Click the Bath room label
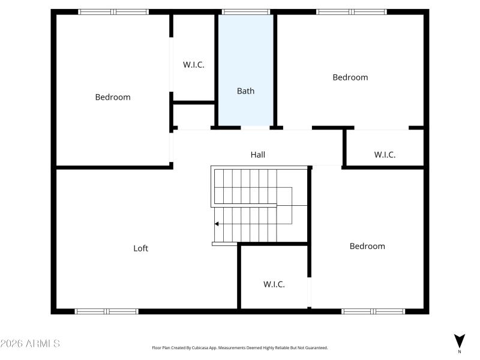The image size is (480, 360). pos(245,91)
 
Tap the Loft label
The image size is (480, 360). pos(140,248)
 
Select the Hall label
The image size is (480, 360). pos(258,155)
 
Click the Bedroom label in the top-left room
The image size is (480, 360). pos(113,97)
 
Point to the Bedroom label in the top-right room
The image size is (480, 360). pos(350,77)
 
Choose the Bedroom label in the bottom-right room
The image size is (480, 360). pos(367,246)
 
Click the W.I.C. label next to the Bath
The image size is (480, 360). pos(194,65)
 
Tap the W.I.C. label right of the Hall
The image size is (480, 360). pos(385,155)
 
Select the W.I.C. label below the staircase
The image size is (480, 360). pos(274,284)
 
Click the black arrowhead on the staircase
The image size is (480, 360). pos(217,224)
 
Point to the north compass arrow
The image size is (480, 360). pos(460,341)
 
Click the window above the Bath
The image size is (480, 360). pos(246,11)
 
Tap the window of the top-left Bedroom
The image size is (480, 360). pos(113,11)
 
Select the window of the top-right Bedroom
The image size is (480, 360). pos(352,11)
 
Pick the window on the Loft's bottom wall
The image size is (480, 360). pos(107,311)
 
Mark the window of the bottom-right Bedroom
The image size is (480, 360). pos(373,311)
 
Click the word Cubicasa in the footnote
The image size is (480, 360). pos(208,348)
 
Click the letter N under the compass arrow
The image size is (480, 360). pos(460,352)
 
